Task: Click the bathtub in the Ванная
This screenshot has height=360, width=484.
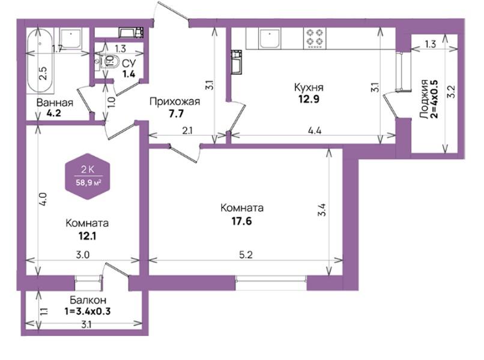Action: [41, 61]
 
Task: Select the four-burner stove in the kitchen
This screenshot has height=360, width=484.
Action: [315, 38]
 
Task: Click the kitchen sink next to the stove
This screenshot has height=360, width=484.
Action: [270, 38]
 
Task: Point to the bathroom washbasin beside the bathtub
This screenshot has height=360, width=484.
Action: [71, 38]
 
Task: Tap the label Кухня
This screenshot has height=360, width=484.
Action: [309, 88]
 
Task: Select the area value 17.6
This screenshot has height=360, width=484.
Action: [241, 221]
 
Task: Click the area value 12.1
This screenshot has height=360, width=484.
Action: [87, 236]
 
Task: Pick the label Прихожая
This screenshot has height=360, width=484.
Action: [175, 101]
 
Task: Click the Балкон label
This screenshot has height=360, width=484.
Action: [88, 299]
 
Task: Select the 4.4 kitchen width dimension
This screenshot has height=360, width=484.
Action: [315, 131]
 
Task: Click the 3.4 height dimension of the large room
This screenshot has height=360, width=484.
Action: [322, 210]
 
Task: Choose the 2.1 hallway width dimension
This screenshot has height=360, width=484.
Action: [187, 131]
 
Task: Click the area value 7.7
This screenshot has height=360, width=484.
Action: [177, 114]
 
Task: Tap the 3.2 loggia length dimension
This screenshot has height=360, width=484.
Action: [452, 92]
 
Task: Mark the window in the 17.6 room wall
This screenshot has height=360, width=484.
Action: [271, 282]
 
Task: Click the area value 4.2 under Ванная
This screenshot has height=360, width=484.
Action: [53, 113]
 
